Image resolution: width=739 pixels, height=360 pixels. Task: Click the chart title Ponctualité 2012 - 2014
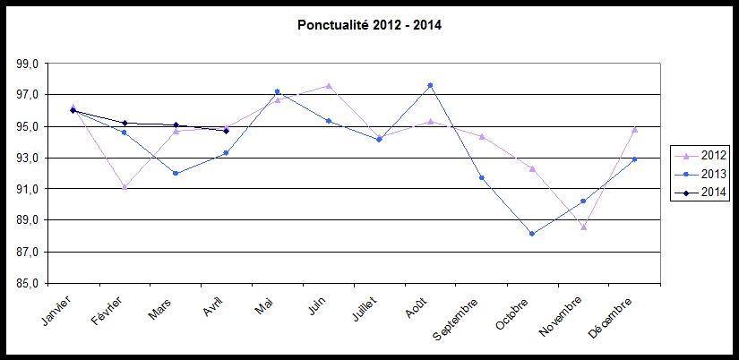click(369, 25)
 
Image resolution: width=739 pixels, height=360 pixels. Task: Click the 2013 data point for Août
click(431, 85)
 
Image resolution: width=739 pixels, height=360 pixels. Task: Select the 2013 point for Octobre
click(532, 234)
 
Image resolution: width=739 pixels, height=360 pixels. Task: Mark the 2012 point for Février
click(125, 187)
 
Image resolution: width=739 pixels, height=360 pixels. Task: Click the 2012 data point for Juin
click(329, 86)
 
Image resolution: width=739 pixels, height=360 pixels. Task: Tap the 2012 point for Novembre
click(583, 227)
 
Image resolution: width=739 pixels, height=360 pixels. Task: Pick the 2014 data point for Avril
click(227, 131)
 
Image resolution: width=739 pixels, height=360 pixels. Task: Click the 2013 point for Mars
click(176, 173)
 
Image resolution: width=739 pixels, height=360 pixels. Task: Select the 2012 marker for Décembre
click(634, 129)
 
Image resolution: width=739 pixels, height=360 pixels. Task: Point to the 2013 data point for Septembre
click(482, 177)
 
